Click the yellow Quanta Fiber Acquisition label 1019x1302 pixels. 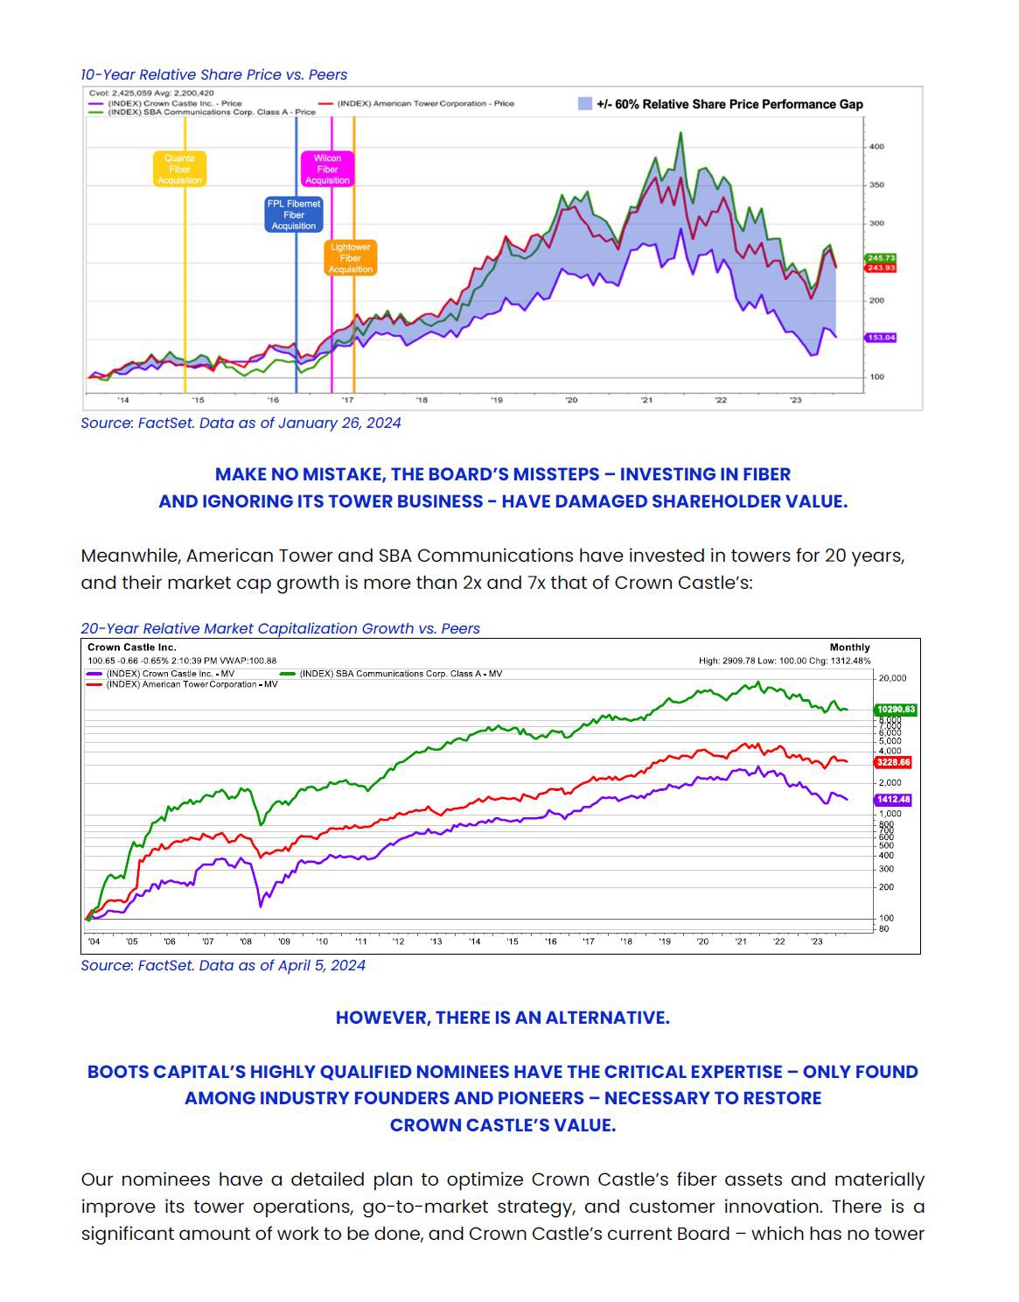[179, 169]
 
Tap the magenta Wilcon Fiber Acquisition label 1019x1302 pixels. [327, 169]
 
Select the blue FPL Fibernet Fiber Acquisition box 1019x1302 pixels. [294, 214]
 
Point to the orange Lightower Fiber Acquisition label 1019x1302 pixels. [351, 258]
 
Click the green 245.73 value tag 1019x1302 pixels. [881, 258]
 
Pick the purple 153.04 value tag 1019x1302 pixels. [881, 337]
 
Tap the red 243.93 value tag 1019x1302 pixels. [881, 268]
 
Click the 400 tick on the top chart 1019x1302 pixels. [876, 146]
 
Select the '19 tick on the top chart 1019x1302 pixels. [497, 400]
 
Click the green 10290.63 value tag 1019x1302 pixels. [895, 710]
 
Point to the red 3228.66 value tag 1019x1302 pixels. [893, 762]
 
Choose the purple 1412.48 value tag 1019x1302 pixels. [893, 800]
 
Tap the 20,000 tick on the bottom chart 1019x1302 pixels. [892, 678]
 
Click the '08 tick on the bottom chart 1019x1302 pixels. [246, 941]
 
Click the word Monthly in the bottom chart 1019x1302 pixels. [849, 647]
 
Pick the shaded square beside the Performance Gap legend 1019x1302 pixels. [585, 103]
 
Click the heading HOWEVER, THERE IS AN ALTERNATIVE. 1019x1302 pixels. [503, 1018]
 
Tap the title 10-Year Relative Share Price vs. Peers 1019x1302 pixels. [214, 74]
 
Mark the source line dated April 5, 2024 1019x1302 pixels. [223, 965]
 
